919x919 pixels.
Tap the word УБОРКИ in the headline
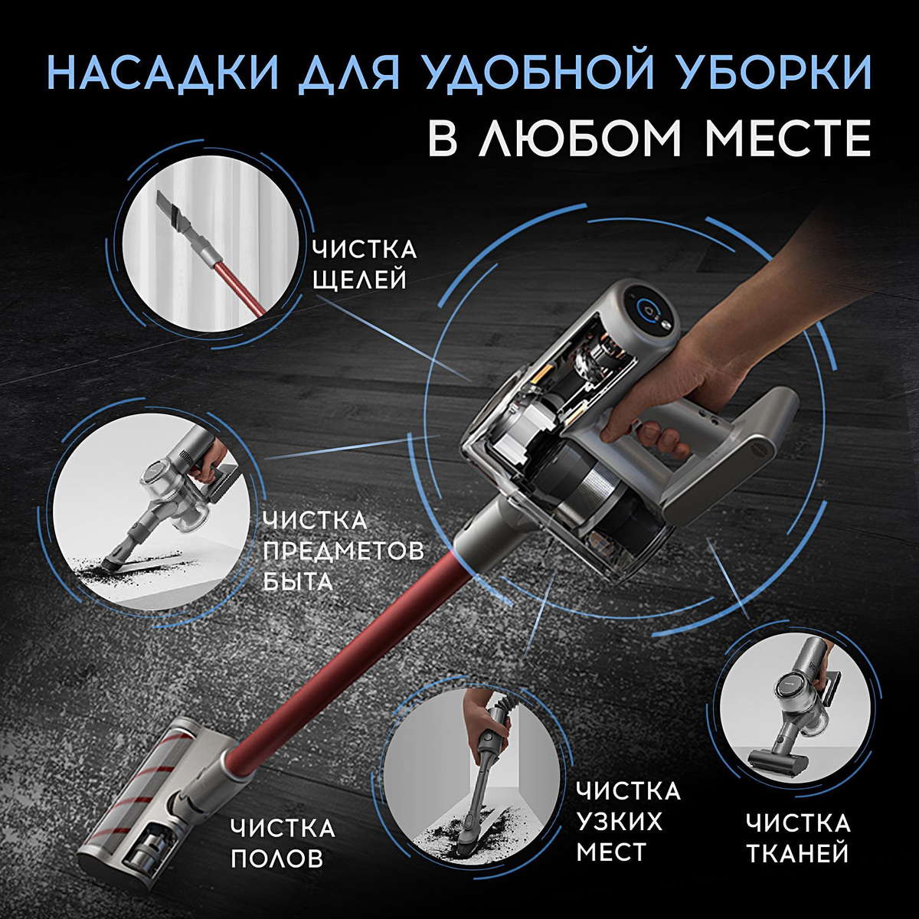(763, 73)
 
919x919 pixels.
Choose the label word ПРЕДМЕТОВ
(343, 551)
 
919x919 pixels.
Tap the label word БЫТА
(298, 581)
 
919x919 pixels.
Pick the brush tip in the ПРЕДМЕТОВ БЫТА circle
(113, 561)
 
